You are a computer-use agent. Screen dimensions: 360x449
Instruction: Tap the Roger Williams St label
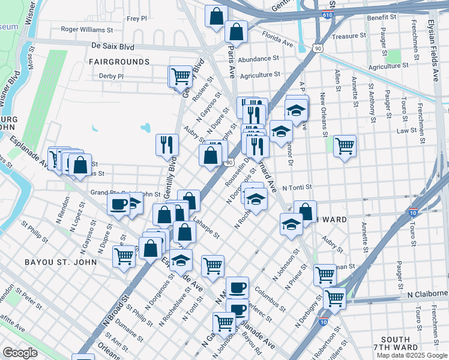coord(87,29)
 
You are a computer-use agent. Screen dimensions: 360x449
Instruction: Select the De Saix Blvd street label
coord(115,45)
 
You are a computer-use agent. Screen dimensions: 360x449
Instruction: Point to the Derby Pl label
coord(112,76)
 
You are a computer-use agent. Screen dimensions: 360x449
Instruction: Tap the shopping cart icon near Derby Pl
coord(181,77)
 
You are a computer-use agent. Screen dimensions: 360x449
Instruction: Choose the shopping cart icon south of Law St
coord(345,145)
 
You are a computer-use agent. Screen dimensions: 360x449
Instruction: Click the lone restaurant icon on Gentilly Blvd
coord(167,144)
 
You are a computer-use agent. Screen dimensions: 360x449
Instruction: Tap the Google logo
coord(20,352)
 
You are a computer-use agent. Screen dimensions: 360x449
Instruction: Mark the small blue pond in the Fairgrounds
coord(146,128)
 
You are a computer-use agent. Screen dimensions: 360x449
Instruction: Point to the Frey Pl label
coord(137,19)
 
